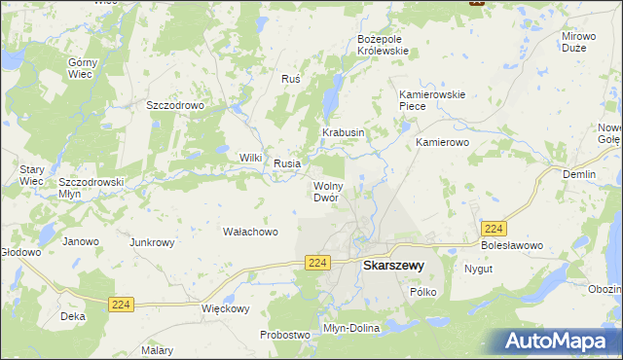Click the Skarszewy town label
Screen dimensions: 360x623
pyautogui.click(x=392, y=264)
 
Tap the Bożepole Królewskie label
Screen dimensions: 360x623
pyautogui.click(x=386, y=45)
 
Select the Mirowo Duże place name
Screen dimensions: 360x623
pyautogui.click(x=578, y=41)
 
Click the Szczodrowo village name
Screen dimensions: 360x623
pyautogui.click(x=173, y=105)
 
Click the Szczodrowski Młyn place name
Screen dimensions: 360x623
pyautogui.click(x=91, y=187)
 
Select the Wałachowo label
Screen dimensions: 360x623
pyautogui.click(x=251, y=232)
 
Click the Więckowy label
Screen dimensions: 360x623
pyautogui.click(x=225, y=309)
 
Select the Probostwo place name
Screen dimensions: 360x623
pyautogui.click(x=284, y=335)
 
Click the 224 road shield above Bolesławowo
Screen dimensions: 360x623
pyautogui.click(x=493, y=228)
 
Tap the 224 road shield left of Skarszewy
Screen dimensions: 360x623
pyautogui.click(x=317, y=263)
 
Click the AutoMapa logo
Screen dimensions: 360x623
pyautogui.click(x=559, y=340)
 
